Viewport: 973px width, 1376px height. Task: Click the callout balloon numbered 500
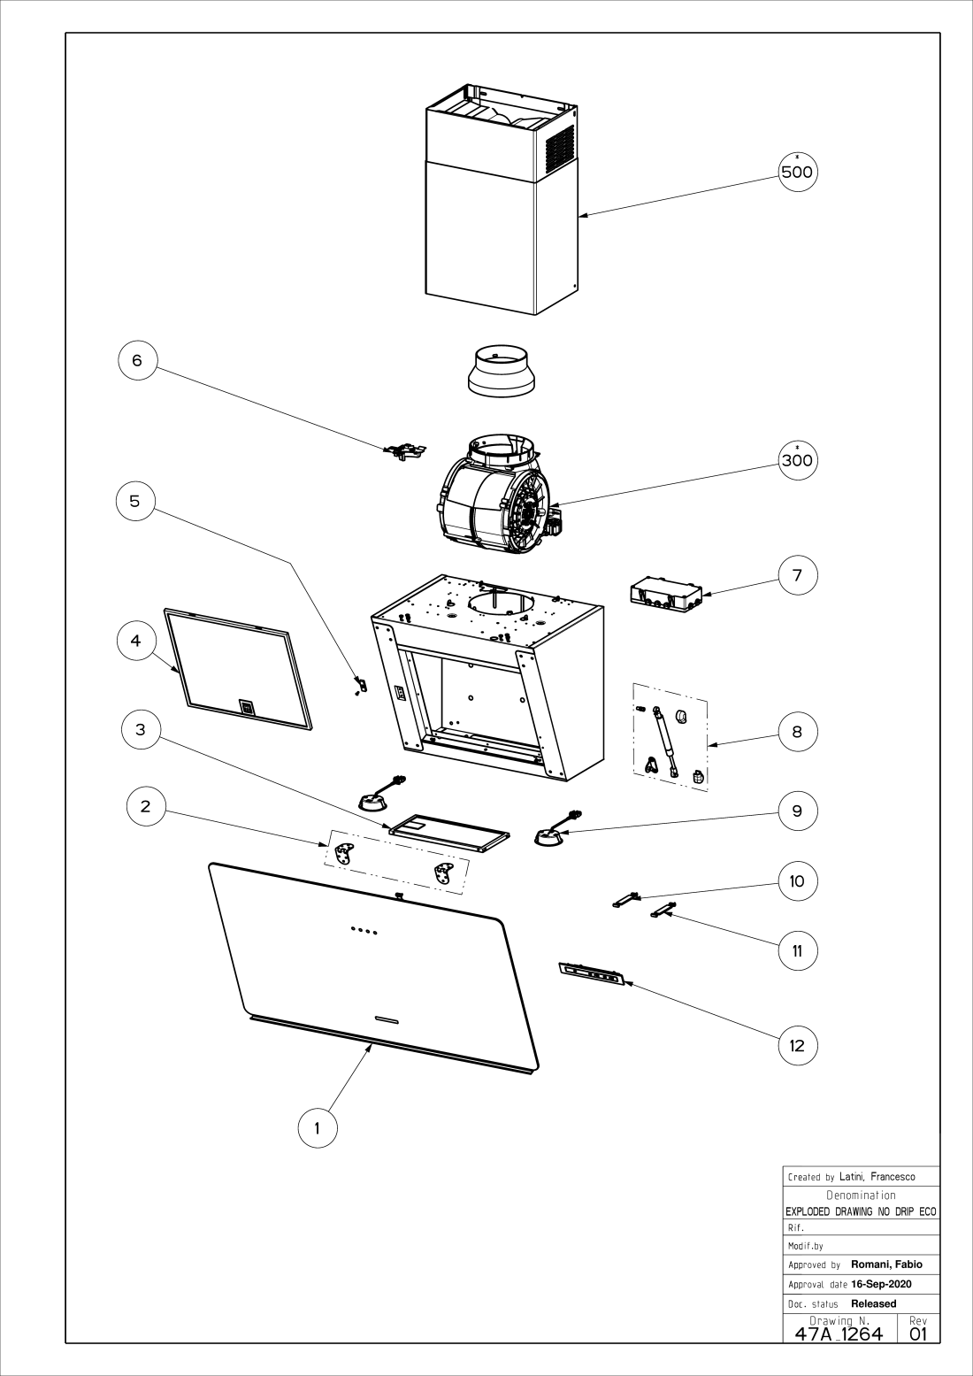coord(797,171)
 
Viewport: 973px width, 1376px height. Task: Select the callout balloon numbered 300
coord(797,459)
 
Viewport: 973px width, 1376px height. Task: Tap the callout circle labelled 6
coord(136,360)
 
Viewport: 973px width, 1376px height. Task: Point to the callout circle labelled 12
coord(797,1045)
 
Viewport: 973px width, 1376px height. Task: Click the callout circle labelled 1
coord(317,1128)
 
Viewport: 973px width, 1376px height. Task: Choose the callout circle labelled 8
coord(797,732)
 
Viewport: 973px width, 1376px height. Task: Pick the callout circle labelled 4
coord(135,641)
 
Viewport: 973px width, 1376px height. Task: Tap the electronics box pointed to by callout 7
coord(665,595)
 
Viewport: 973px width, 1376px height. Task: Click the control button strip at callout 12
coord(592,973)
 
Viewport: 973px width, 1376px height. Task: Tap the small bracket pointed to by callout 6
coord(405,452)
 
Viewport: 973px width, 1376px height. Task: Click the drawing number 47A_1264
coord(839,1334)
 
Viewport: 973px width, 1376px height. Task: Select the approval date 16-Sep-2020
coord(881,1284)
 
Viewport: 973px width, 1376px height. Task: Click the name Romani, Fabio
coord(886,1265)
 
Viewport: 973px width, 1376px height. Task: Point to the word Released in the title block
coord(873,1303)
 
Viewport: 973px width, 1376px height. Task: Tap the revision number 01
coord(919,1334)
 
